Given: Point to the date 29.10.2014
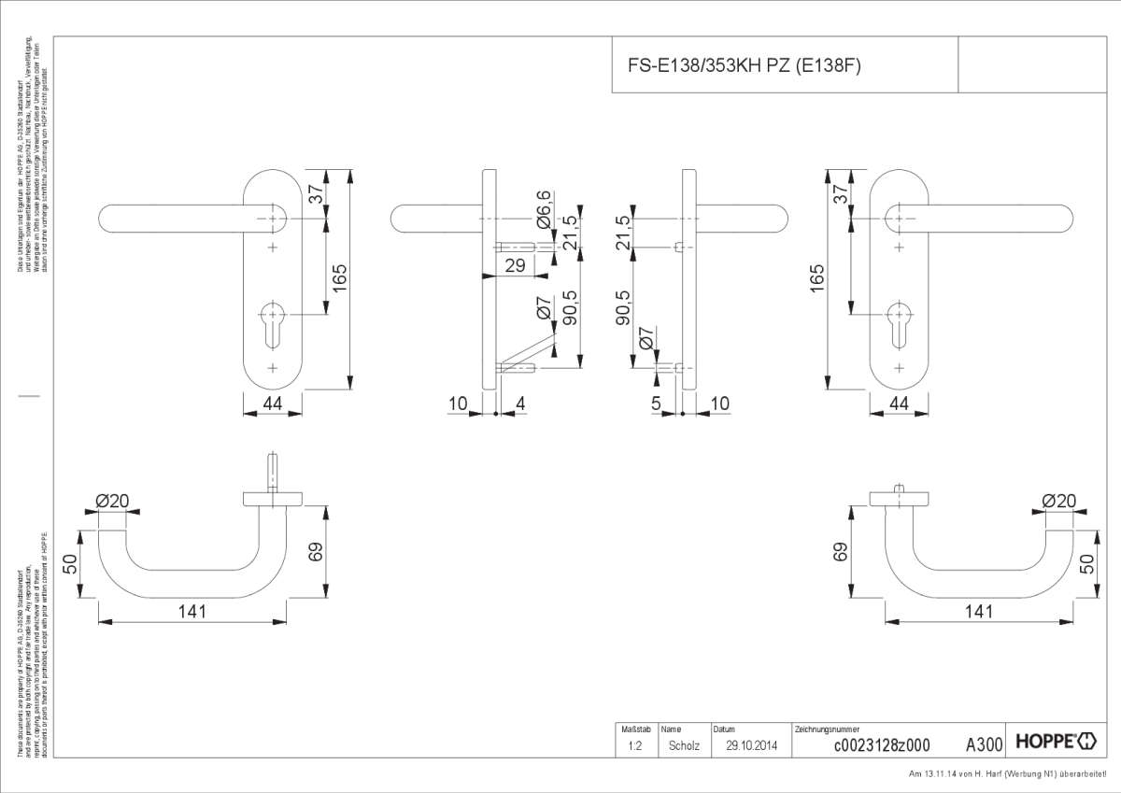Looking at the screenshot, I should pyautogui.click(x=751, y=745).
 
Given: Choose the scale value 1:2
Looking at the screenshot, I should pyautogui.click(x=634, y=745).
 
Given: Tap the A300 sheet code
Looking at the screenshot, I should pyautogui.click(x=983, y=744).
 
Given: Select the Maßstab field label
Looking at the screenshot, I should pyautogui.click(x=634, y=729).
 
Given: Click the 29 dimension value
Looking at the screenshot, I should pyautogui.click(x=514, y=265).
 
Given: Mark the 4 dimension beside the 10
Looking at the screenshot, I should pyautogui.click(x=520, y=404).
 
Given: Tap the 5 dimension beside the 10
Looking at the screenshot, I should pyautogui.click(x=657, y=404).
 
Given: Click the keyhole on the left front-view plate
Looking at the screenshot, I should pyautogui.click(x=272, y=316).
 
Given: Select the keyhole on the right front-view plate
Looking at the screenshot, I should pyautogui.click(x=899, y=316).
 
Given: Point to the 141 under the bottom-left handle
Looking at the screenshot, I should pyautogui.click(x=191, y=611).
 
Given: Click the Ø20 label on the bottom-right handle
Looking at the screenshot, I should pyautogui.click(x=1058, y=502).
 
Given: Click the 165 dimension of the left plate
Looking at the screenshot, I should pyautogui.click(x=340, y=278).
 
